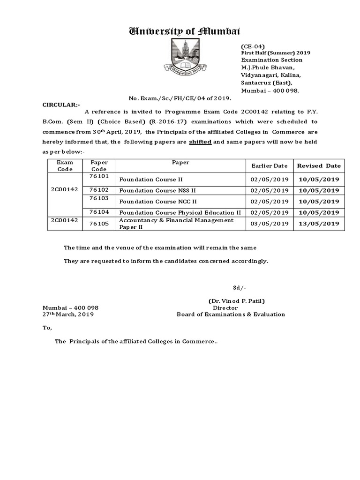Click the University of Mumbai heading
tap(184, 31)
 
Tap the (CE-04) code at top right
tap(253, 46)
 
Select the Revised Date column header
tap(318, 165)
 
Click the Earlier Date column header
tap(269, 165)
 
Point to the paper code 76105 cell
tap(99, 224)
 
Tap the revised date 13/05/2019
tap(318, 224)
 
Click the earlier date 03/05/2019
tap(269, 224)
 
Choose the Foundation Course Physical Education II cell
tap(180, 212)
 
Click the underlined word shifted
tap(200, 142)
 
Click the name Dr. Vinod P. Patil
tap(240, 301)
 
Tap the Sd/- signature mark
tap(240, 287)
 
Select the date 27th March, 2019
tap(68, 315)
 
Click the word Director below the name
tap(225, 308)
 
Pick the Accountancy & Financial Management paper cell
tap(176, 224)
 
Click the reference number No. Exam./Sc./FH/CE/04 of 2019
tap(180, 99)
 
